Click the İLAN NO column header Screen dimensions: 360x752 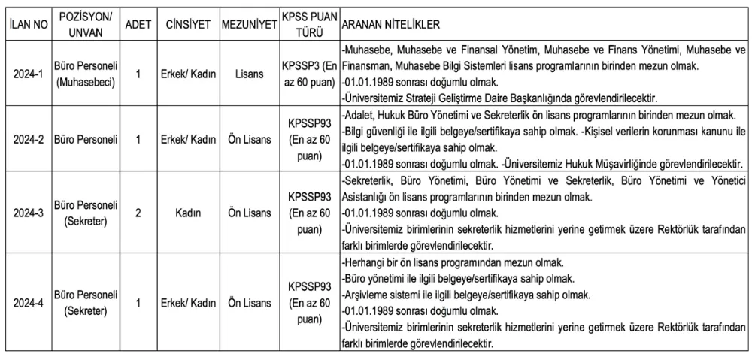point(29,25)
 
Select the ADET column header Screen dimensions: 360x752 point(138,25)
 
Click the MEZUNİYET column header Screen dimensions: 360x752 point(249,25)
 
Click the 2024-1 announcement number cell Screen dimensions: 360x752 point(29,75)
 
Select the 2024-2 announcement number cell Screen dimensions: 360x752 point(29,140)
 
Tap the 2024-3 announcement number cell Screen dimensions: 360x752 point(29,213)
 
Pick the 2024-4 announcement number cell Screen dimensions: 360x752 point(29,303)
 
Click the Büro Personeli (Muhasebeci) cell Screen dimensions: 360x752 point(85,75)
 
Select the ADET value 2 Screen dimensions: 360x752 point(138,213)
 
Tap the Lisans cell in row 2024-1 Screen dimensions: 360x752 point(249,75)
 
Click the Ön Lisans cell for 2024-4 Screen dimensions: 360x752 point(249,303)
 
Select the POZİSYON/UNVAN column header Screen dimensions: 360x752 point(85,25)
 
